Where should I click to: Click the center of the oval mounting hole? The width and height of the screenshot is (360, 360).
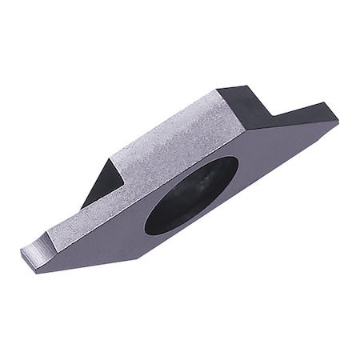click(191, 194)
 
